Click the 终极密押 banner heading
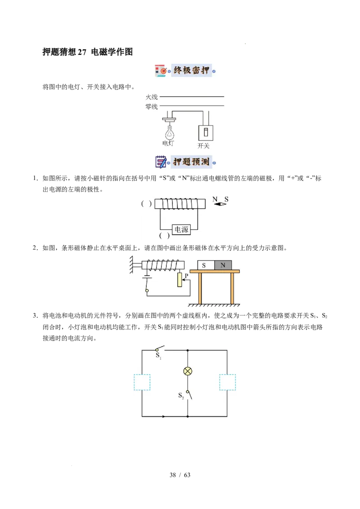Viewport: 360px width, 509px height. pyautogui.click(x=191, y=71)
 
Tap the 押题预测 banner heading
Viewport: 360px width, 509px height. pyautogui.click(x=191, y=162)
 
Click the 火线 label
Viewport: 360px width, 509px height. pyautogui.click(x=152, y=97)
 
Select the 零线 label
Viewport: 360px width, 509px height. pyautogui.click(x=152, y=107)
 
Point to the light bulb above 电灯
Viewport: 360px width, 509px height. pyautogui.click(x=169, y=132)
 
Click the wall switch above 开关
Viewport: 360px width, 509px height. pyautogui.click(x=206, y=133)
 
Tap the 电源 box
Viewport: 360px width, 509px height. pyautogui.click(x=181, y=230)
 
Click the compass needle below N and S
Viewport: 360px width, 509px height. pyautogui.click(x=220, y=204)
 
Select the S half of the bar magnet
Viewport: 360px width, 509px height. pyautogui.click(x=206, y=265)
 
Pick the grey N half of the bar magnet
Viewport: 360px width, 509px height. pyautogui.click(x=223, y=265)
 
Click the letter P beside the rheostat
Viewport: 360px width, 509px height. pyautogui.click(x=185, y=275)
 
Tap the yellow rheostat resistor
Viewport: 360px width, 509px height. pyautogui.click(x=180, y=280)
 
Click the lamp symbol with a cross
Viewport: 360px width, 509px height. pyautogui.click(x=188, y=371)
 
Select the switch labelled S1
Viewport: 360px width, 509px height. pyautogui.click(x=159, y=349)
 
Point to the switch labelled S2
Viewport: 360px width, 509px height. pyautogui.click(x=189, y=394)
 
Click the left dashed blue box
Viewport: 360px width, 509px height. pyautogui.click(x=142, y=382)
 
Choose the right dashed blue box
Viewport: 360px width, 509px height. pyautogui.click(x=227, y=382)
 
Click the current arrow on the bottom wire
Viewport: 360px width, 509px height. pyautogui.click(x=164, y=416)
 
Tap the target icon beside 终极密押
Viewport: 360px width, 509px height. pyautogui.click(x=162, y=71)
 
